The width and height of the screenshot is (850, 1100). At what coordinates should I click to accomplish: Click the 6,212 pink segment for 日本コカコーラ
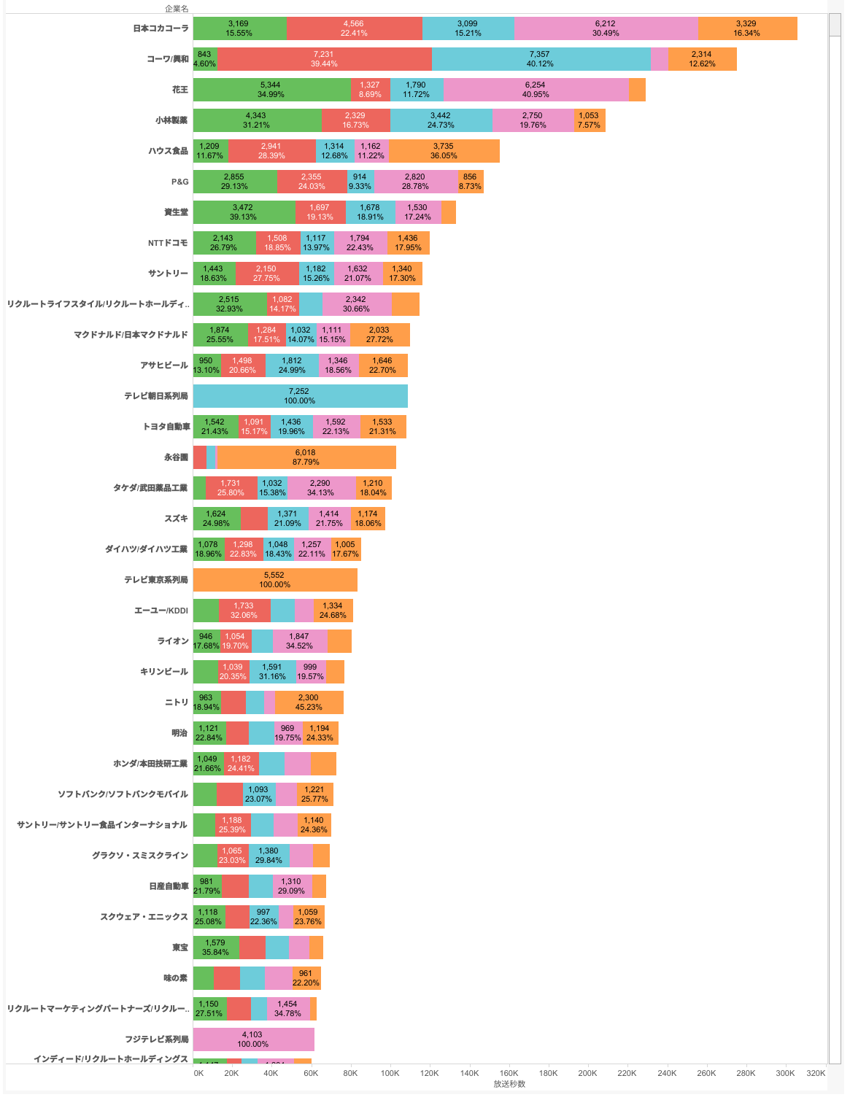tap(606, 28)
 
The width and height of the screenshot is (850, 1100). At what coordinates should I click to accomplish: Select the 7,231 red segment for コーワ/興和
tap(324, 59)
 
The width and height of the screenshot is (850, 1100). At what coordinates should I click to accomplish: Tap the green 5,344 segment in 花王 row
tap(271, 90)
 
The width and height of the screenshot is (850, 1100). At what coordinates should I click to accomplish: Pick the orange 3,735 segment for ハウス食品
tap(444, 151)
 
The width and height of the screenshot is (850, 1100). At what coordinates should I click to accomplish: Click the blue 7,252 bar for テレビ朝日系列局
tap(300, 396)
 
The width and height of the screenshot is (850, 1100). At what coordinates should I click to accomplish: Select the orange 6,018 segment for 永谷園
tap(306, 457)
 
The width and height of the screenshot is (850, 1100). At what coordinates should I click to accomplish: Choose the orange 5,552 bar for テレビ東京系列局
tap(275, 580)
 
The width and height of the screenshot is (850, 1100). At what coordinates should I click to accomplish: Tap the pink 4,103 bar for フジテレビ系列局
tap(253, 1039)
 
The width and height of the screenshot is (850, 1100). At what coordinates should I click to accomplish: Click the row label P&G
tap(179, 182)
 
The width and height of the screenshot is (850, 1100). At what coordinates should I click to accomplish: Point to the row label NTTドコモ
tap(168, 243)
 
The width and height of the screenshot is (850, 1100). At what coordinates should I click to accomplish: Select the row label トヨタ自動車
tap(166, 427)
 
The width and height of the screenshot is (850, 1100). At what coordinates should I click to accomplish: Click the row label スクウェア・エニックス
tap(144, 917)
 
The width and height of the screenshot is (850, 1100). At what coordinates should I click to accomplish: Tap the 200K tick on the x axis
tap(587, 1073)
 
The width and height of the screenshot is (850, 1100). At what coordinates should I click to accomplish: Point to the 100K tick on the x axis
tap(390, 1073)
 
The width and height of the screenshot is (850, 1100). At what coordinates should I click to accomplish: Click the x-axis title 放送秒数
tap(509, 1084)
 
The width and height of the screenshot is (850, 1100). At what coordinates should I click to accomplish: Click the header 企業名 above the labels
tap(177, 9)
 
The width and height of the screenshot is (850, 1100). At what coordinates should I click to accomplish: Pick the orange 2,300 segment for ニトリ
tap(309, 702)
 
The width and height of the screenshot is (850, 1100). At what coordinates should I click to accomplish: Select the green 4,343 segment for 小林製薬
tap(257, 120)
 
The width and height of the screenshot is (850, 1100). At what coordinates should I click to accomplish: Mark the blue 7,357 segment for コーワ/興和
tap(540, 59)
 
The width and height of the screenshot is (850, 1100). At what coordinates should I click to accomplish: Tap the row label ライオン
tap(173, 641)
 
